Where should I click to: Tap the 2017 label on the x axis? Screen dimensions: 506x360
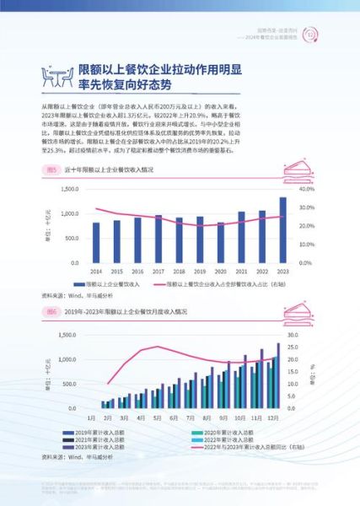158,271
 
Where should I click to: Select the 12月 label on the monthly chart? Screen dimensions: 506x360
275,416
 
